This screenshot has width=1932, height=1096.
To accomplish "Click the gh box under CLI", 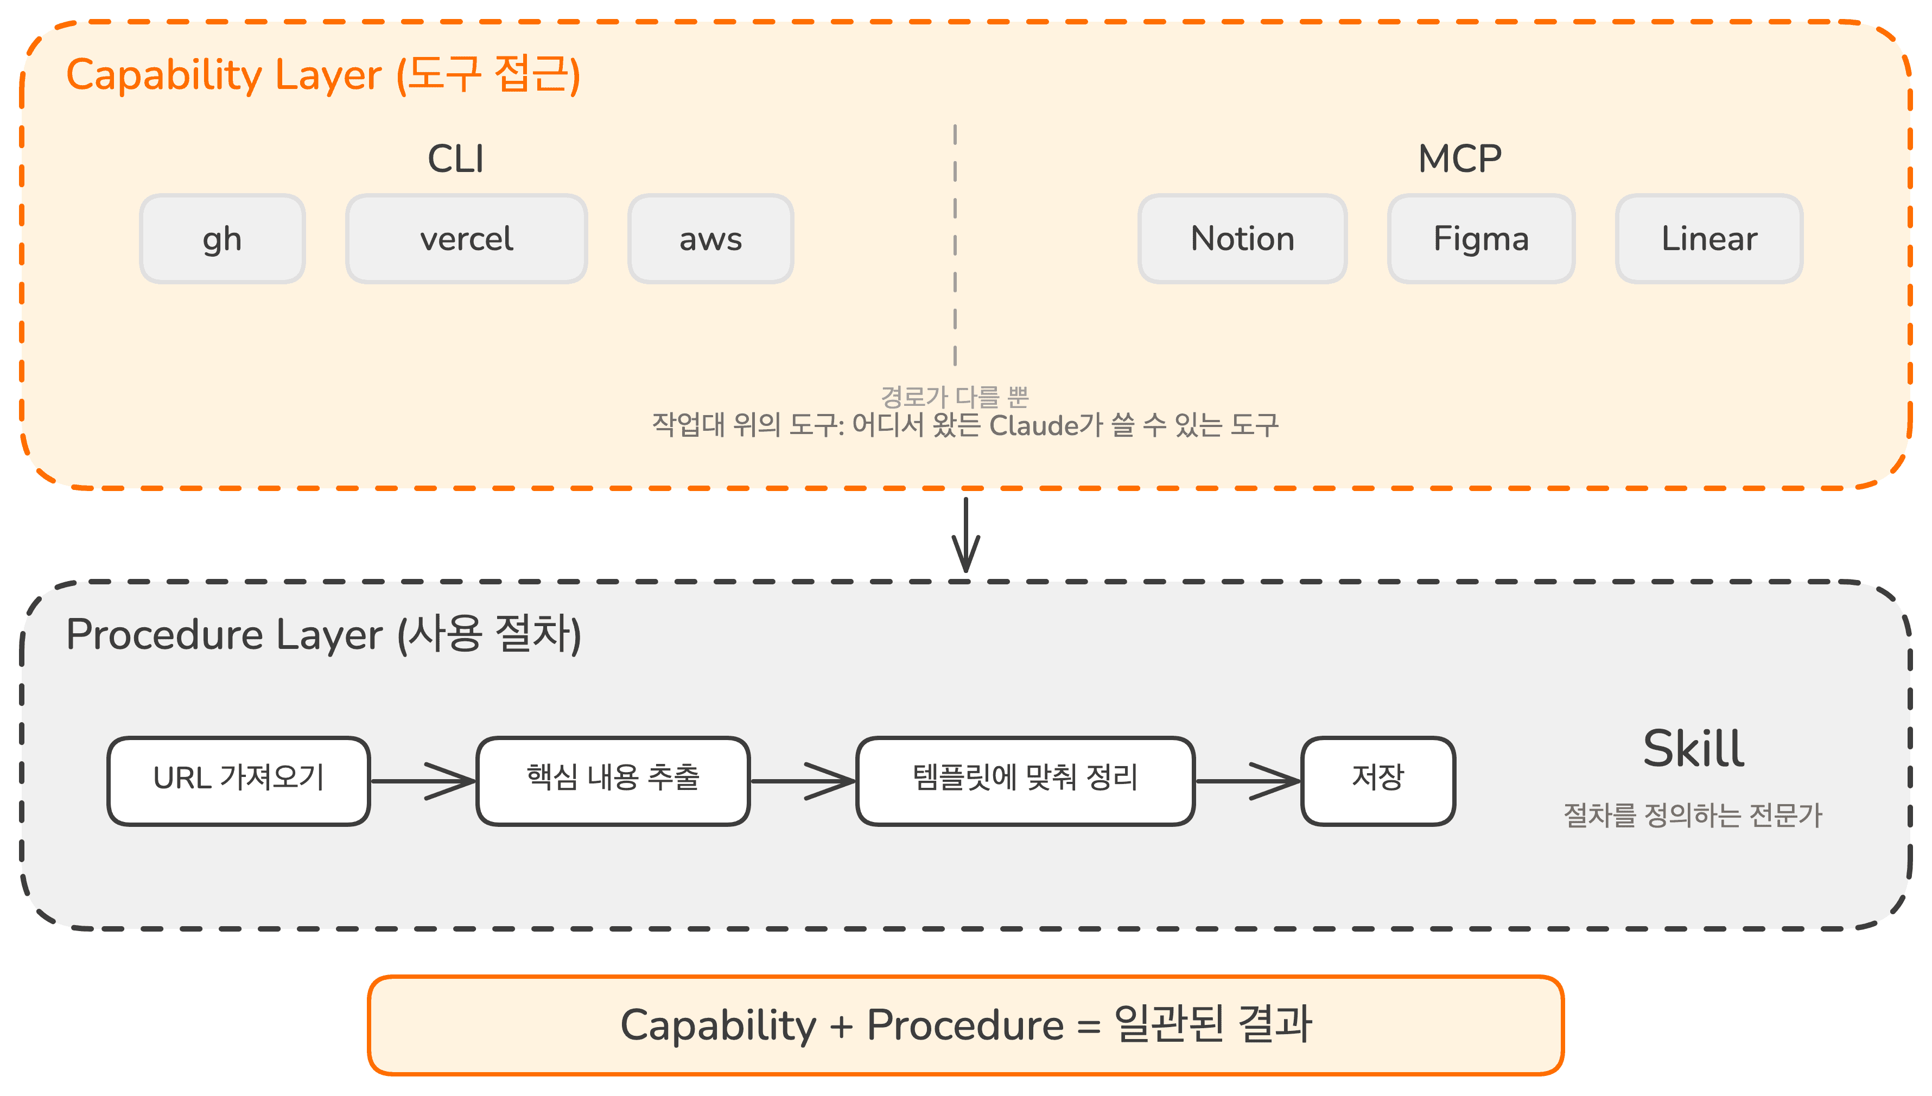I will pos(222,239).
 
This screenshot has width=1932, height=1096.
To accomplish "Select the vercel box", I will pos(466,239).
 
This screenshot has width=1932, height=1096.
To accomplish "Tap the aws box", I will pos(710,239).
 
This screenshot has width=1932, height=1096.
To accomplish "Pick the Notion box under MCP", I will pos(1242,239).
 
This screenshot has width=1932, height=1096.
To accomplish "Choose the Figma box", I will pos(1480,239).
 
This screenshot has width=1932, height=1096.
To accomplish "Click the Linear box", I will pos(1708,239).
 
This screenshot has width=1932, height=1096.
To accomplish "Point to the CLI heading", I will pos(455,159).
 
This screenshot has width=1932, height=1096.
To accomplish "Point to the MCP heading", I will pos(1459,159).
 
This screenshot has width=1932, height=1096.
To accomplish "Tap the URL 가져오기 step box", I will pos(239,781).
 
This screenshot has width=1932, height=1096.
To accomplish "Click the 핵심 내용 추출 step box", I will pos(613,781).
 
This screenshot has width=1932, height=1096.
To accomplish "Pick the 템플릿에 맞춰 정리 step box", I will pos(1025,781).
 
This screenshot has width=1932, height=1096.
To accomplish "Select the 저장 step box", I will pos(1377,781).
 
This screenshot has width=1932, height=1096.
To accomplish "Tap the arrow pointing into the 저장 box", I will pos(1248,781).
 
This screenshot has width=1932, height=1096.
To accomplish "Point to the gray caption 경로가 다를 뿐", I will pos(954,396).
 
